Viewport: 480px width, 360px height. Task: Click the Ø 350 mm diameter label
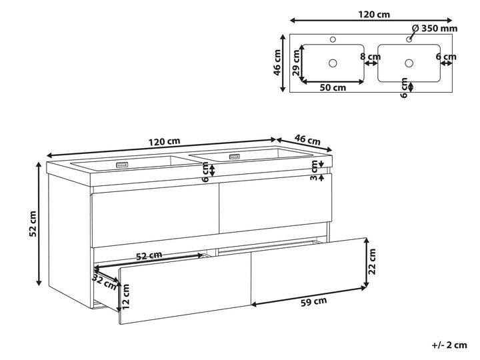pyautogui.click(x=435, y=29)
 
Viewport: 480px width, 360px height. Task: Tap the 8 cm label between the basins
pyautogui.click(x=371, y=57)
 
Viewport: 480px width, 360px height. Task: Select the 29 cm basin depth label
pyautogui.click(x=296, y=63)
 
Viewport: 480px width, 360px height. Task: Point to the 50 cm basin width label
pyautogui.click(x=333, y=87)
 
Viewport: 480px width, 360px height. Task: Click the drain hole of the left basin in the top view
pyautogui.click(x=333, y=63)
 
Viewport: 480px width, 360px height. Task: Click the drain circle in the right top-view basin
pyautogui.click(x=409, y=63)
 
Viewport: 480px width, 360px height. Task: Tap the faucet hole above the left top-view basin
pyautogui.click(x=333, y=39)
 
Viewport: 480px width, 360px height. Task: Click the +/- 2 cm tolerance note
pyautogui.click(x=449, y=345)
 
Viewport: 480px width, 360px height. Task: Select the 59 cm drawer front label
pyautogui.click(x=314, y=301)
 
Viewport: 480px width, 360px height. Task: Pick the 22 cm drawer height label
pyautogui.click(x=372, y=261)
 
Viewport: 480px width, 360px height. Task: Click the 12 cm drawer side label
pyautogui.click(x=125, y=296)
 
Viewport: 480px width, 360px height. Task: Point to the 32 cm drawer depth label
pyautogui.click(x=104, y=282)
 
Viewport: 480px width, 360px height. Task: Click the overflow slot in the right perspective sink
pyautogui.click(x=235, y=157)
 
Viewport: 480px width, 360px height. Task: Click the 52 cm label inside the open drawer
pyautogui.click(x=149, y=255)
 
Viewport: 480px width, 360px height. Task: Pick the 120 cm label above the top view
pyautogui.click(x=374, y=15)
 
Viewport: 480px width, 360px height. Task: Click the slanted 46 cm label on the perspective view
pyautogui.click(x=307, y=139)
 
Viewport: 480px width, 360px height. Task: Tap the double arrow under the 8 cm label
pyautogui.click(x=371, y=63)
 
